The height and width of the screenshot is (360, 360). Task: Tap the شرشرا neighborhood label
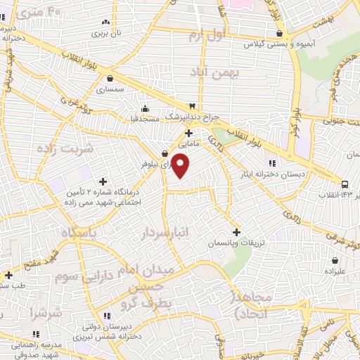[46, 311]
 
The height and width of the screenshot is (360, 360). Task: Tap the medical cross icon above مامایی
[188, 132]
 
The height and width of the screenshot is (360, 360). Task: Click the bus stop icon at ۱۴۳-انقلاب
[345, 185]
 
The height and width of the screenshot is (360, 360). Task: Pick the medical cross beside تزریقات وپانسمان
[236, 231]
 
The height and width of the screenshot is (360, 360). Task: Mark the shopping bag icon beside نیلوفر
[164, 153]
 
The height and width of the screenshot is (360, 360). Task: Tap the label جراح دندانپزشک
[192, 116]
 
